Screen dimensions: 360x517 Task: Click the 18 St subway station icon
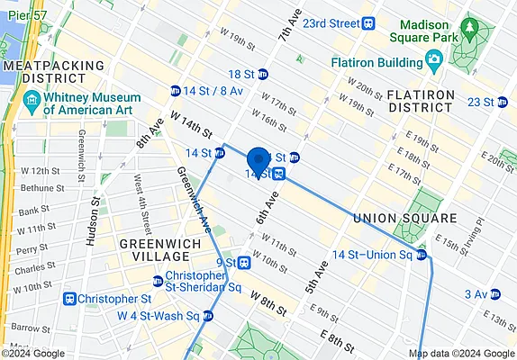[x=263, y=75]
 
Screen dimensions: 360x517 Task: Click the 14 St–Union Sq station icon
[x=421, y=256]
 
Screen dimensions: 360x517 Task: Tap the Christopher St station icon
[x=68, y=298]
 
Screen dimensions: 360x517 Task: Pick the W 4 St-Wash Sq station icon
[x=209, y=316]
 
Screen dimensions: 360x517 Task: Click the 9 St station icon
[x=244, y=263]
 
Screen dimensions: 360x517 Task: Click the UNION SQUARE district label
[x=405, y=219]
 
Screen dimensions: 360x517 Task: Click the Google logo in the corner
[x=33, y=353]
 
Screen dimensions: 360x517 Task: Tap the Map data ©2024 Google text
[x=467, y=353]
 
